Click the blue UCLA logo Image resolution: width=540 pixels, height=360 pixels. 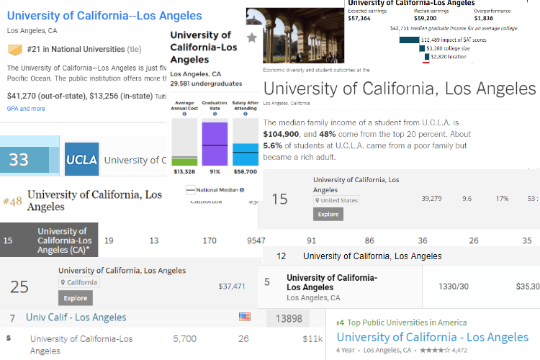pyautogui.click(x=81, y=160)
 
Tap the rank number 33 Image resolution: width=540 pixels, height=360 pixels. pyautogui.click(x=19, y=160)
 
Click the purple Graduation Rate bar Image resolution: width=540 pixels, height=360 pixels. pyautogui.click(x=214, y=144)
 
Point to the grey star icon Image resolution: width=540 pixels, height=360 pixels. pyautogui.click(x=251, y=37)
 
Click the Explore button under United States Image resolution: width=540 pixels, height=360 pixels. pyautogui.click(x=328, y=214)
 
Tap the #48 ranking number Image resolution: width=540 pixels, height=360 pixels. pyautogui.click(x=13, y=201)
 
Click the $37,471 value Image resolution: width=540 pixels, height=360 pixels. pyautogui.click(x=232, y=286)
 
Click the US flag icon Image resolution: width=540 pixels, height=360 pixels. pyautogui.click(x=245, y=317)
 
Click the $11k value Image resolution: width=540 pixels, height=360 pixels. pyautogui.click(x=312, y=338)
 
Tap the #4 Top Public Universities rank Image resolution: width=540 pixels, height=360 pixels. pyautogui.click(x=340, y=323)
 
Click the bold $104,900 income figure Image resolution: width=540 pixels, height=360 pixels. pyautogui.click(x=283, y=134)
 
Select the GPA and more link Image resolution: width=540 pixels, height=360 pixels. pyautogui.click(x=26, y=109)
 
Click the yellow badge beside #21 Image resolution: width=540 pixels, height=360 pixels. pyautogui.click(x=15, y=50)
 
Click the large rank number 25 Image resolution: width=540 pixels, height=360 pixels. pyautogui.click(x=19, y=287)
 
